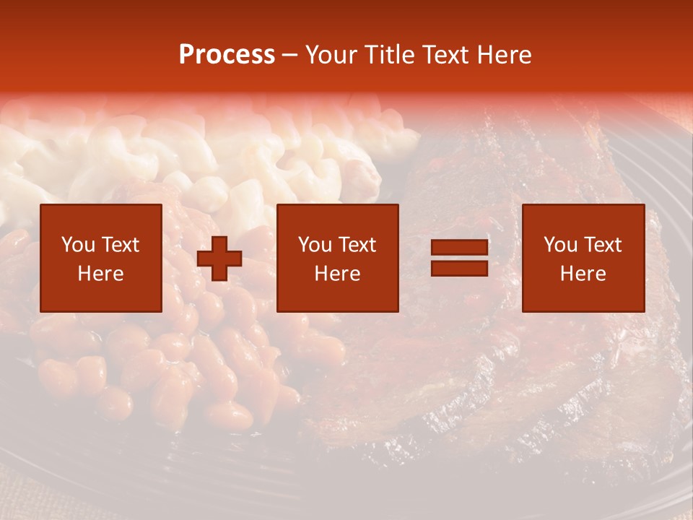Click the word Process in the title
click(227, 55)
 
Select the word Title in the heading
click(387, 55)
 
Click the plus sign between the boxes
click(219, 259)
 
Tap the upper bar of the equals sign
click(459, 248)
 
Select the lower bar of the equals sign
click(459, 268)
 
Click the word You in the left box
click(77, 245)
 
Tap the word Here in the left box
click(100, 274)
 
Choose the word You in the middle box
click(315, 245)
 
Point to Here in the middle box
click(337, 274)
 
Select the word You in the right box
click(560, 245)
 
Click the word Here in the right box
click(583, 274)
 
